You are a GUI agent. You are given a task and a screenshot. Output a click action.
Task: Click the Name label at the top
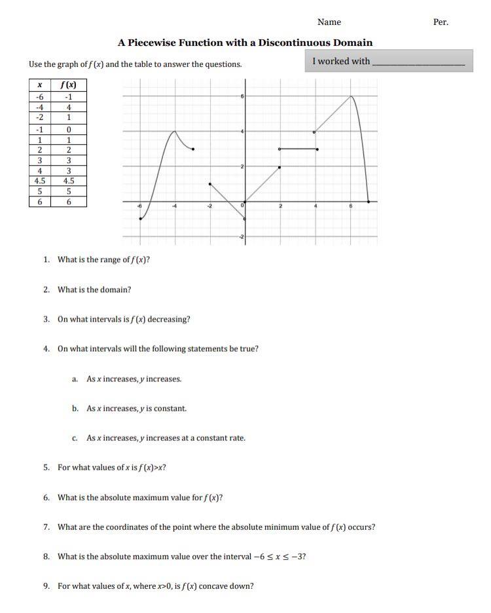(x=329, y=22)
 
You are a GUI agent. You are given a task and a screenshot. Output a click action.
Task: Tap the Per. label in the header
(x=441, y=22)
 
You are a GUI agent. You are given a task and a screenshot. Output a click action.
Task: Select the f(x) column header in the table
(x=69, y=85)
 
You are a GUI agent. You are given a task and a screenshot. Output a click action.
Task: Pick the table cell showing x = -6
(x=40, y=97)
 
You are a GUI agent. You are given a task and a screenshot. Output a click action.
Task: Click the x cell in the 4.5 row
(x=40, y=181)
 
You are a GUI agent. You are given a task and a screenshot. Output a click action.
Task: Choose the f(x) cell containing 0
(x=69, y=129)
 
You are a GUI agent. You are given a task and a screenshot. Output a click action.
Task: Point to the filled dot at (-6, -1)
(x=140, y=219)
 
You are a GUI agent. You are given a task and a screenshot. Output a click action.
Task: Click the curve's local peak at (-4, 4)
(x=175, y=132)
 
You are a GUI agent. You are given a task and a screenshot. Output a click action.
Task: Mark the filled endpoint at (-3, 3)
(x=192, y=149)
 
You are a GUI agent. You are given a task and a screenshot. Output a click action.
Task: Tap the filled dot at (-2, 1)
(x=209, y=184)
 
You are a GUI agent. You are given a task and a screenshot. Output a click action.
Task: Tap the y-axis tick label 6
(x=242, y=97)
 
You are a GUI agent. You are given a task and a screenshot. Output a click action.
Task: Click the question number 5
(x=46, y=468)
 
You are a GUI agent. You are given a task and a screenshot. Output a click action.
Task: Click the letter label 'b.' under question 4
(x=76, y=409)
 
